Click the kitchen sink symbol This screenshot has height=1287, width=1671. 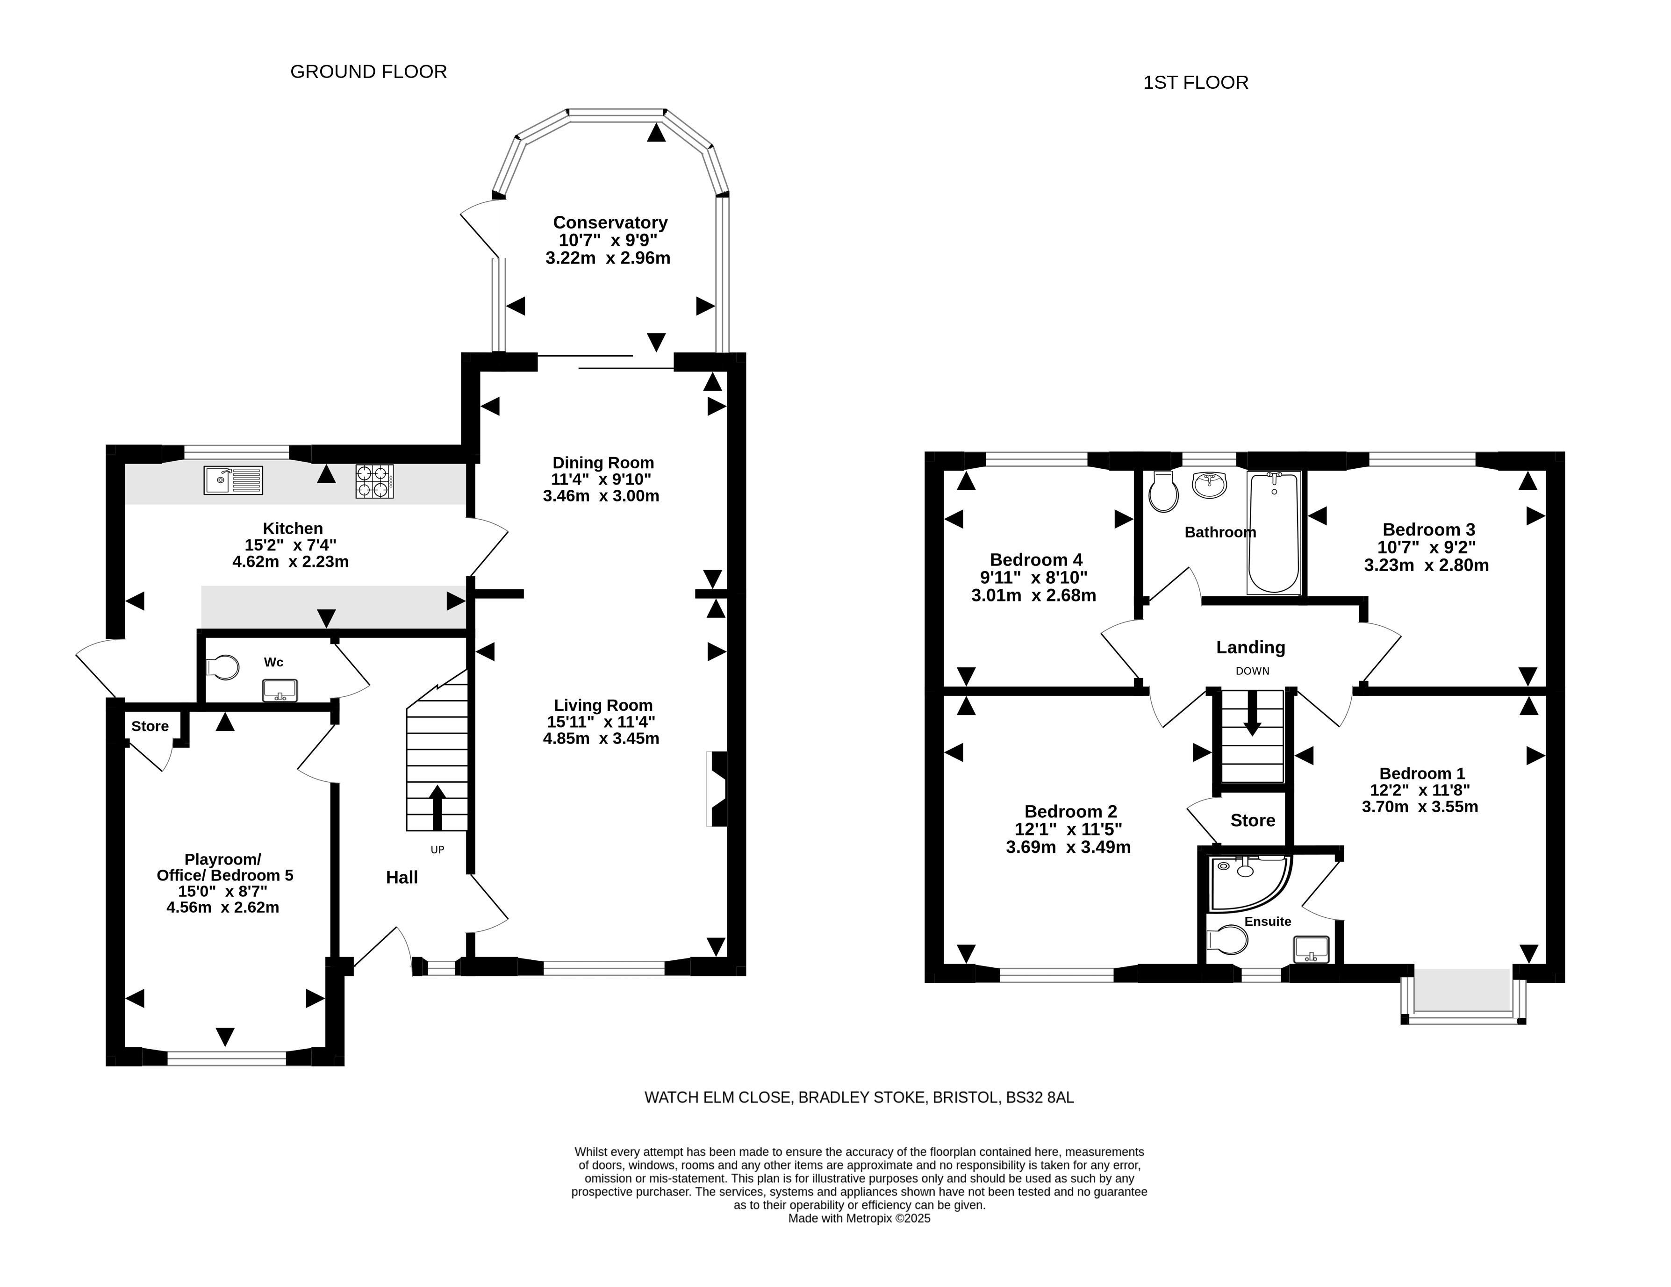click(233, 480)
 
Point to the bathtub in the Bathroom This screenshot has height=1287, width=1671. click(1274, 533)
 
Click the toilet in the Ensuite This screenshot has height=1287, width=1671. click(1226, 940)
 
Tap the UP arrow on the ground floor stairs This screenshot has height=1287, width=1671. click(437, 807)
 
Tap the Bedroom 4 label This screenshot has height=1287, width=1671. click(1036, 559)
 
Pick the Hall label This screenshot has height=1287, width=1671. click(402, 878)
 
